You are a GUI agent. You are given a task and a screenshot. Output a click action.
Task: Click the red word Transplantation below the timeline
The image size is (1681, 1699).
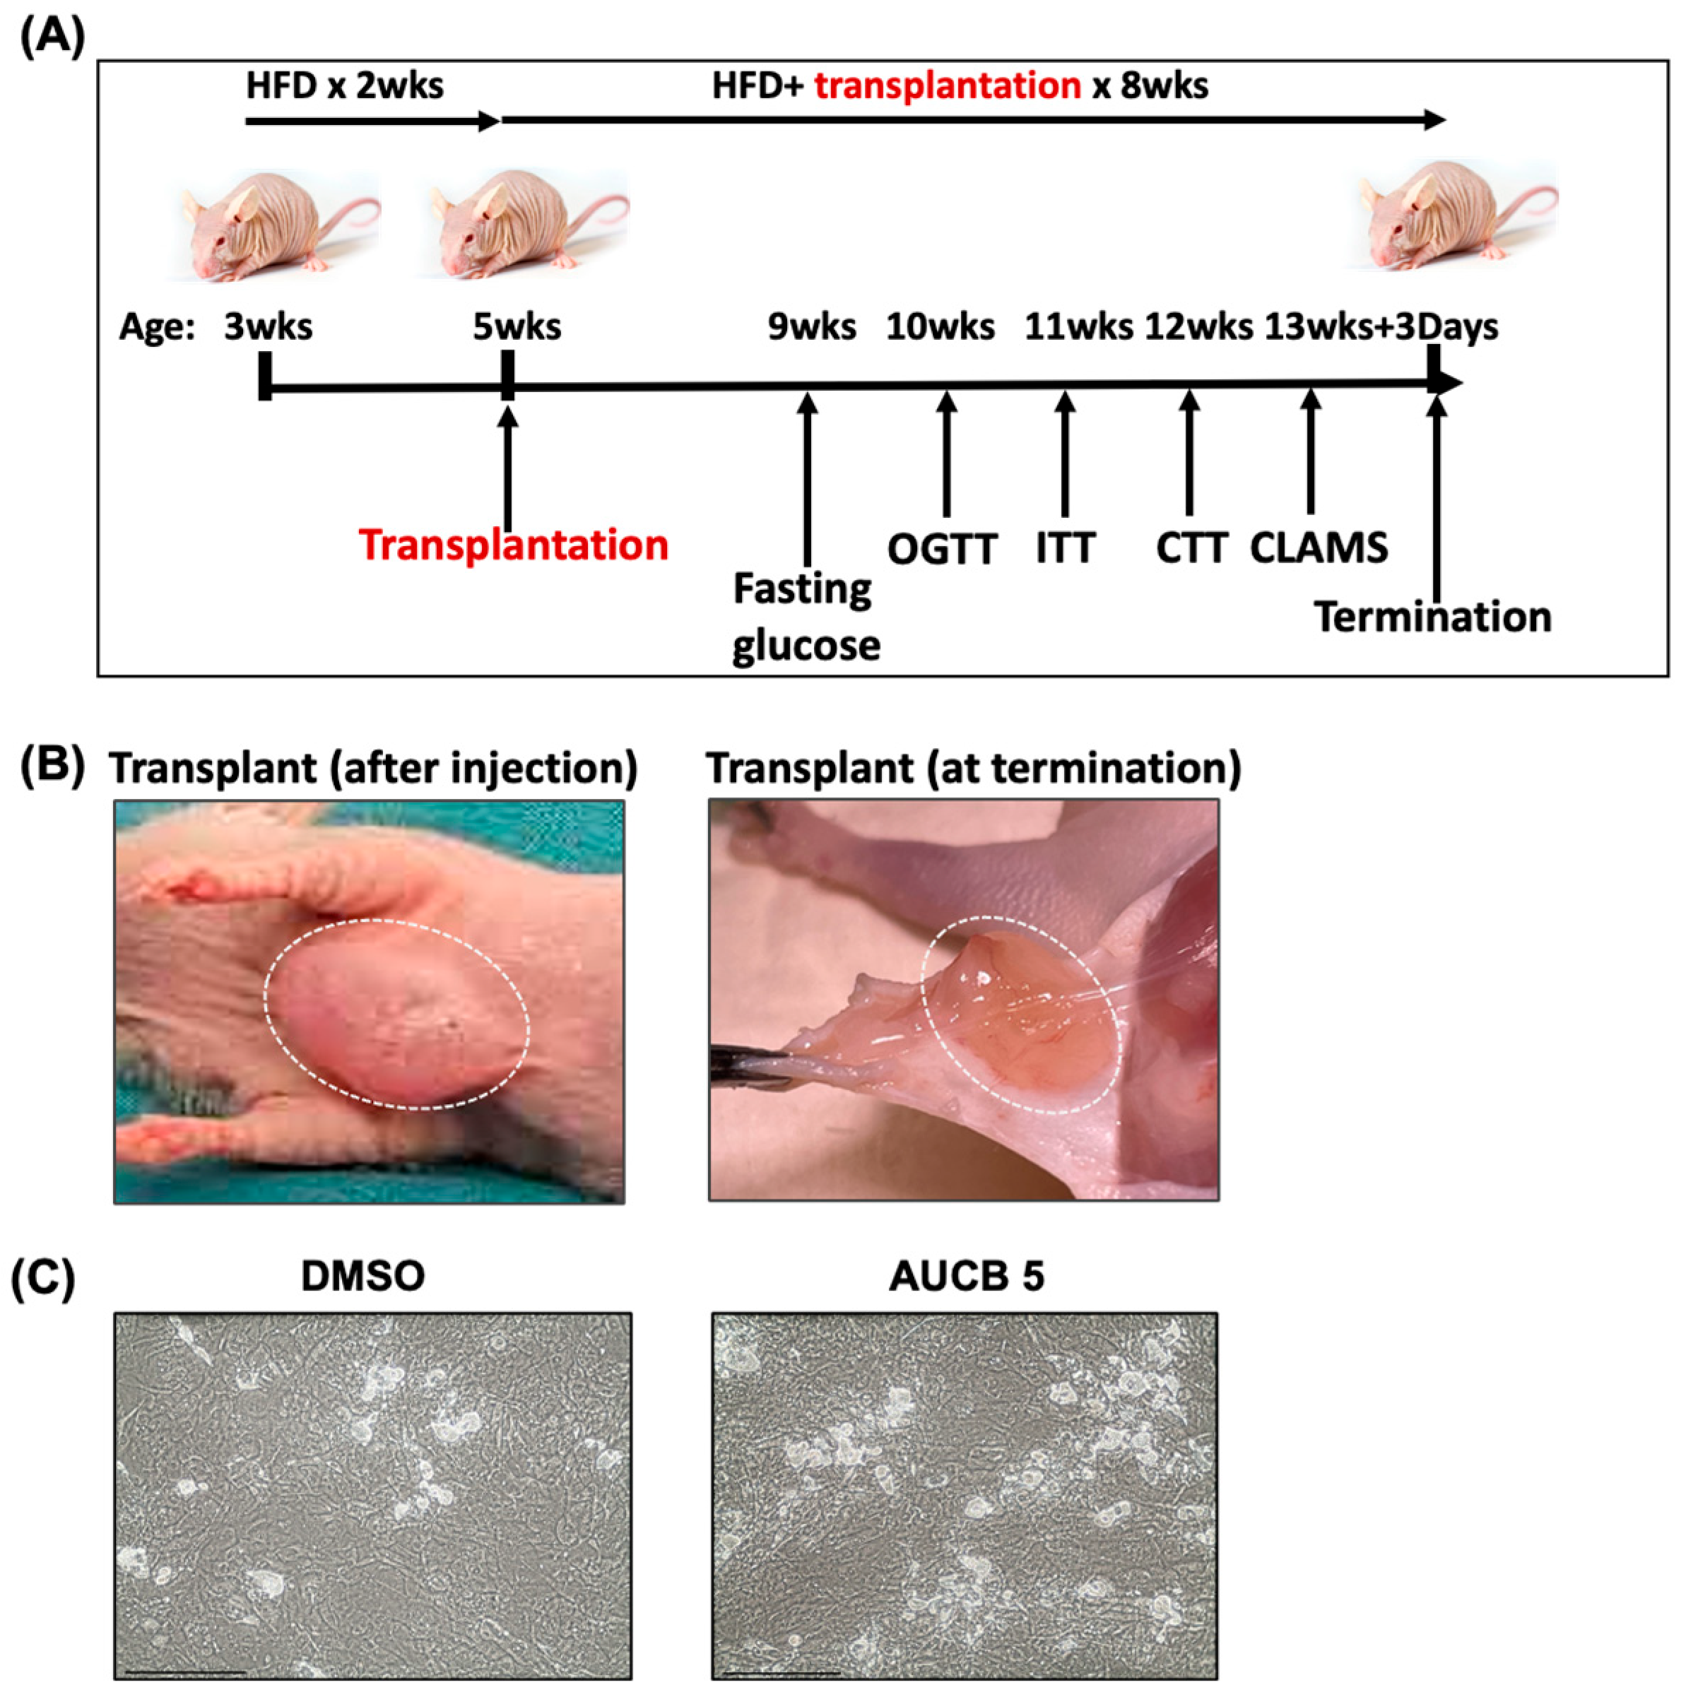513,545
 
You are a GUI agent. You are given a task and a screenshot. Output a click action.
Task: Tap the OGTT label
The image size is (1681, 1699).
941,550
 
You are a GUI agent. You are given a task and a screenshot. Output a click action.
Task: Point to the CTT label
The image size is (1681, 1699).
1191,548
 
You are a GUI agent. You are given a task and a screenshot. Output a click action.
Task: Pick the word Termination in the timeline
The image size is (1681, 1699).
1432,617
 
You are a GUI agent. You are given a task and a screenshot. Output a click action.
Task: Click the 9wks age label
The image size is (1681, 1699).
811,326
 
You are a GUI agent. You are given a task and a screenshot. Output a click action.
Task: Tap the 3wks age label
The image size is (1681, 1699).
267,326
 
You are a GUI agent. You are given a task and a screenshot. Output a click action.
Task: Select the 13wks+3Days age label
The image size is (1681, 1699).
1381,326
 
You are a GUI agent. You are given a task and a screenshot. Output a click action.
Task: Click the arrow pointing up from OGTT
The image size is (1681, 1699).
947,454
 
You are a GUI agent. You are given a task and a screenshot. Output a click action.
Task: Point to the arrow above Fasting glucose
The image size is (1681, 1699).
808,475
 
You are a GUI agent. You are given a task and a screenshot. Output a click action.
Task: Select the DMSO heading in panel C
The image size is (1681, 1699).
362,1276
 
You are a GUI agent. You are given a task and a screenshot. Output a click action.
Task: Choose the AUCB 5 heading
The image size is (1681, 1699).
966,1276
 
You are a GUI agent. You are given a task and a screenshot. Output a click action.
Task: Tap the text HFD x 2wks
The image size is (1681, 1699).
345,86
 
